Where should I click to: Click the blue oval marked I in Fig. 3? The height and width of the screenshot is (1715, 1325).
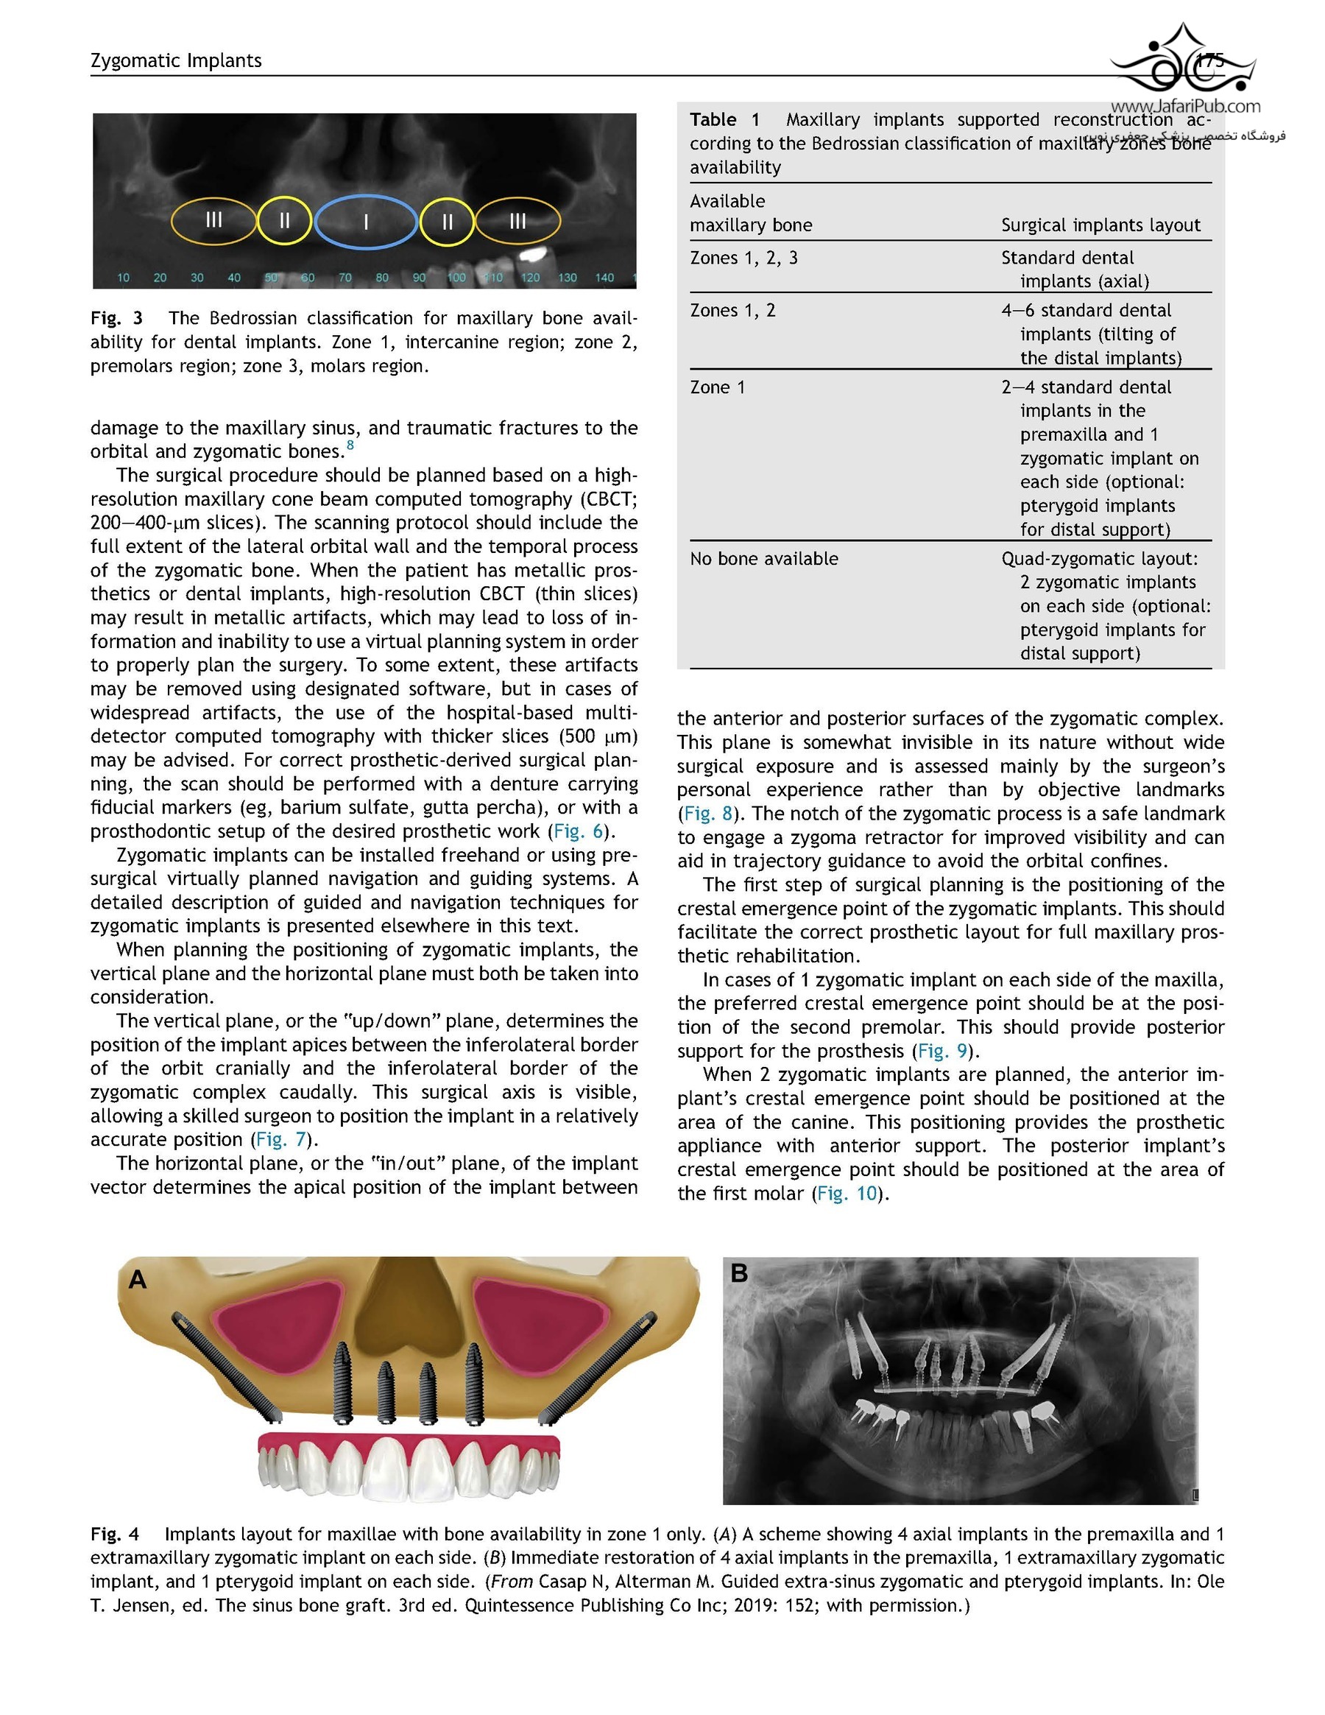[365, 222]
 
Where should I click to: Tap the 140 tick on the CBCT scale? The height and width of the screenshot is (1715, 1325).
[604, 277]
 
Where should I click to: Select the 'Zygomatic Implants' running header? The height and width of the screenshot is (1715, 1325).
[176, 60]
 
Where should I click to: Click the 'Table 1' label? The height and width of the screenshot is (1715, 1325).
[724, 119]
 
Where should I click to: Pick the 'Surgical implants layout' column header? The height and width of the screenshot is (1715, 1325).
[1100, 225]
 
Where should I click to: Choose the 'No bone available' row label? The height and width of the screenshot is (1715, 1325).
[764, 558]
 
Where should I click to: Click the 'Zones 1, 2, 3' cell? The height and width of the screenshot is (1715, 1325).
[743, 258]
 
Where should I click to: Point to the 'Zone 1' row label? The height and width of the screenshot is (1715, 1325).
[717, 387]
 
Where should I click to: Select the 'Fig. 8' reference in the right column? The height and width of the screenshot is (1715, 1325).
[708, 814]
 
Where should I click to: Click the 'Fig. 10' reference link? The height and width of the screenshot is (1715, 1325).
[847, 1194]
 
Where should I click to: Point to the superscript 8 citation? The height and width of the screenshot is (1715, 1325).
[350, 446]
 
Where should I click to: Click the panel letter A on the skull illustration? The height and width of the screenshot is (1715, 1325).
[138, 1279]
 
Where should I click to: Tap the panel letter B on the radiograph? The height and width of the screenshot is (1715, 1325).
[738, 1273]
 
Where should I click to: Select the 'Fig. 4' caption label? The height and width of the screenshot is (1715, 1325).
[115, 1534]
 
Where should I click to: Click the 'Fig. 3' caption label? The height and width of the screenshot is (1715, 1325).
[116, 318]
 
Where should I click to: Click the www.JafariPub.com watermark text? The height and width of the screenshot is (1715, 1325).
[1185, 106]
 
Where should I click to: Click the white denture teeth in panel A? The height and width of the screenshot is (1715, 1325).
[409, 1470]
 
